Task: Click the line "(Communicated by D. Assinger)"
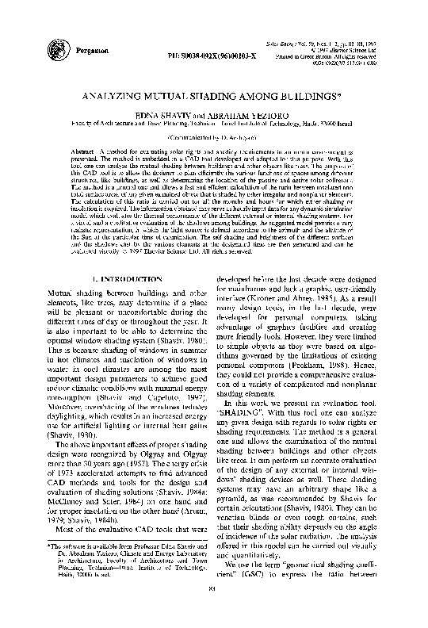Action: click(214, 136)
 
